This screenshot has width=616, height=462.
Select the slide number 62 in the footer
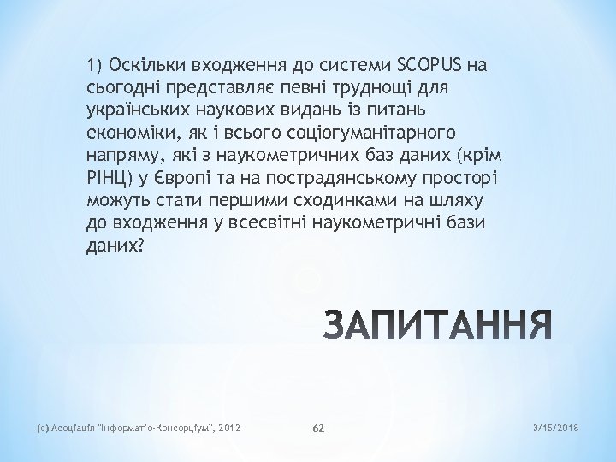317,427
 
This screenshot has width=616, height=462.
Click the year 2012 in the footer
230,427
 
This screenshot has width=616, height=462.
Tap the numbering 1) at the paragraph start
94,65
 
